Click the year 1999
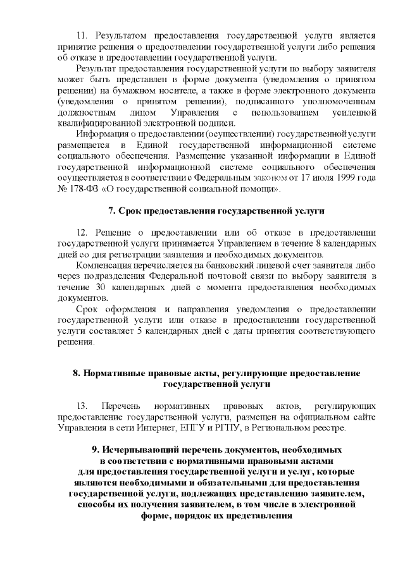342,178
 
